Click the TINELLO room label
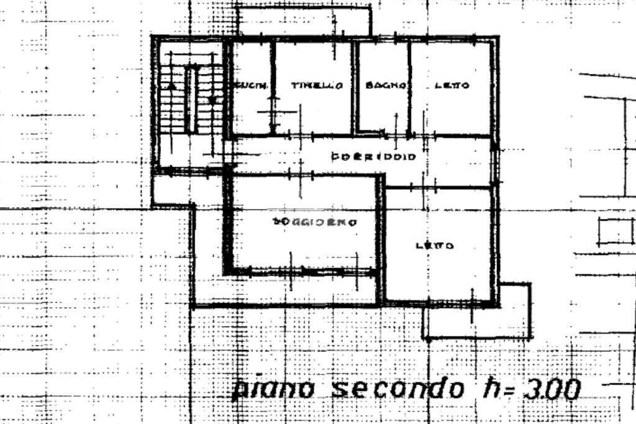point(317,86)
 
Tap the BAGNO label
point(385,86)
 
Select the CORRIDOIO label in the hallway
point(373,157)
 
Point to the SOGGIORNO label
point(314,222)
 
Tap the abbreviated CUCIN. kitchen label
point(250,86)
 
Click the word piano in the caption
point(274,389)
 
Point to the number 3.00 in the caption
point(552,389)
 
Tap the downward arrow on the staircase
point(212,99)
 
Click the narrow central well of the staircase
point(191,99)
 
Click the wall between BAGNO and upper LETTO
point(409,87)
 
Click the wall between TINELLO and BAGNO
point(355,87)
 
